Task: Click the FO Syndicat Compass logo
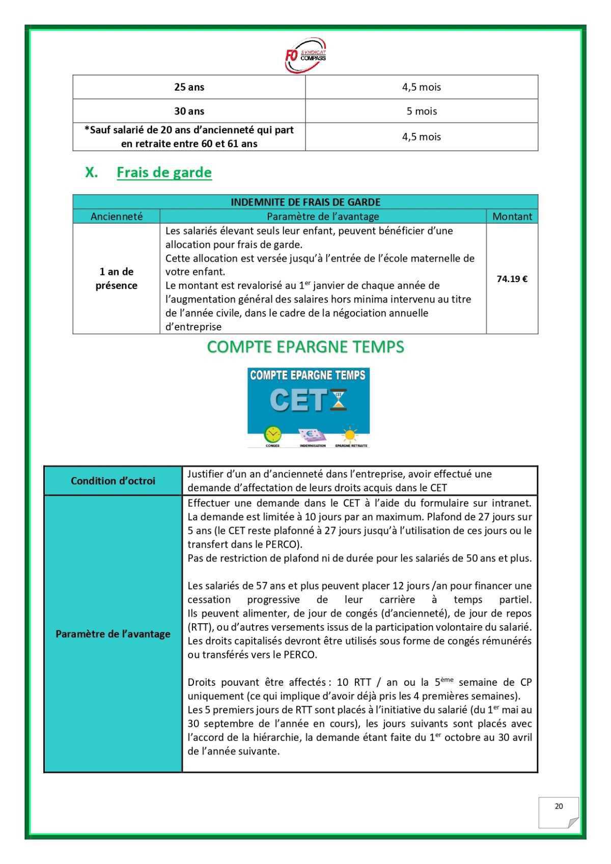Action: click(x=305, y=54)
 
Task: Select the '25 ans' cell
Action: click(x=189, y=87)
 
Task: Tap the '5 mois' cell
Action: click(x=421, y=111)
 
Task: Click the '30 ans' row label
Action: click(x=189, y=111)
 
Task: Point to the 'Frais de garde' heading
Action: click(x=164, y=173)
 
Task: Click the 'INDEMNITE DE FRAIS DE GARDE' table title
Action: click(x=305, y=202)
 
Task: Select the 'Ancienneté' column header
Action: click(x=117, y=216)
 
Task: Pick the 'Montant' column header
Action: click(x=512, y=216)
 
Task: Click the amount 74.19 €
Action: click(x=512, y=279)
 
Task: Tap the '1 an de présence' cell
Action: click(x=117, y=278)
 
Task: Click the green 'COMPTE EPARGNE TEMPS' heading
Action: click(x=305, y=347)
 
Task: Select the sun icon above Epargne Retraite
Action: click(x=350, y=434)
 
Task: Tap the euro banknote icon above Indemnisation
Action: click(x=312, y=434)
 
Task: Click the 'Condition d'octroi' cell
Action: click(x=113, y=481)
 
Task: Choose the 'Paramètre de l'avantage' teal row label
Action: click(x=113, y=634)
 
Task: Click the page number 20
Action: click(x=559, y=806)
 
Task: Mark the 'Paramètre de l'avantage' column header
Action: click(x=323, y=216)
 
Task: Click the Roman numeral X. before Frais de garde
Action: click(x=92, y=173)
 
